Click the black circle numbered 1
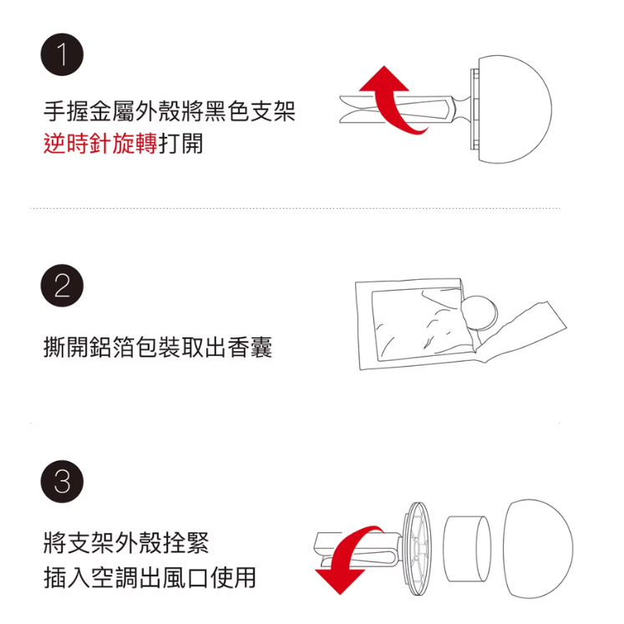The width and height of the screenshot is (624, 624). pos(62,54)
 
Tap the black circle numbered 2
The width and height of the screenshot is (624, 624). pos(62,286)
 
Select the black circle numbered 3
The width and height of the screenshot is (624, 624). pos(62,481)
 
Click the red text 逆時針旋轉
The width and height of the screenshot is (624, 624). pos(101,144)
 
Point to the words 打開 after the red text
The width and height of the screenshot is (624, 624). pos(181,144)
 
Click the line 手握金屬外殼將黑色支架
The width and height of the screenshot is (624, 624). pos(170,110)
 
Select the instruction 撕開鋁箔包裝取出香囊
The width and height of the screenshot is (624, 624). pos(158,347)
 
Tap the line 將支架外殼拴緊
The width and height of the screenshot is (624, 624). pos(126,542)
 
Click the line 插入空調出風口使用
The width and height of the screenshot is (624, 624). pos(150,577)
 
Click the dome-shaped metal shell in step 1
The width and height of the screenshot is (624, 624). pos(515,109)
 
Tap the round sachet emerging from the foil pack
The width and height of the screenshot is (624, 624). pos(481,312)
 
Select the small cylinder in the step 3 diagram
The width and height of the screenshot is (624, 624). pos(467,548)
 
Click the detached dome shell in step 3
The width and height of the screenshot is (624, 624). pos(539,548)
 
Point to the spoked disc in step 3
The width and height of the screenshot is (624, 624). pos(419,548)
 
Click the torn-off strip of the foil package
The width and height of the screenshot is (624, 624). pos(521,332)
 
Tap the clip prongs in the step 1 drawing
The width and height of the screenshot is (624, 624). pos(396,109)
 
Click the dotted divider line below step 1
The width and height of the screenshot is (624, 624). pos(295,208)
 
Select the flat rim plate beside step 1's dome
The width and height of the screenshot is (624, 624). pos(474,109)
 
